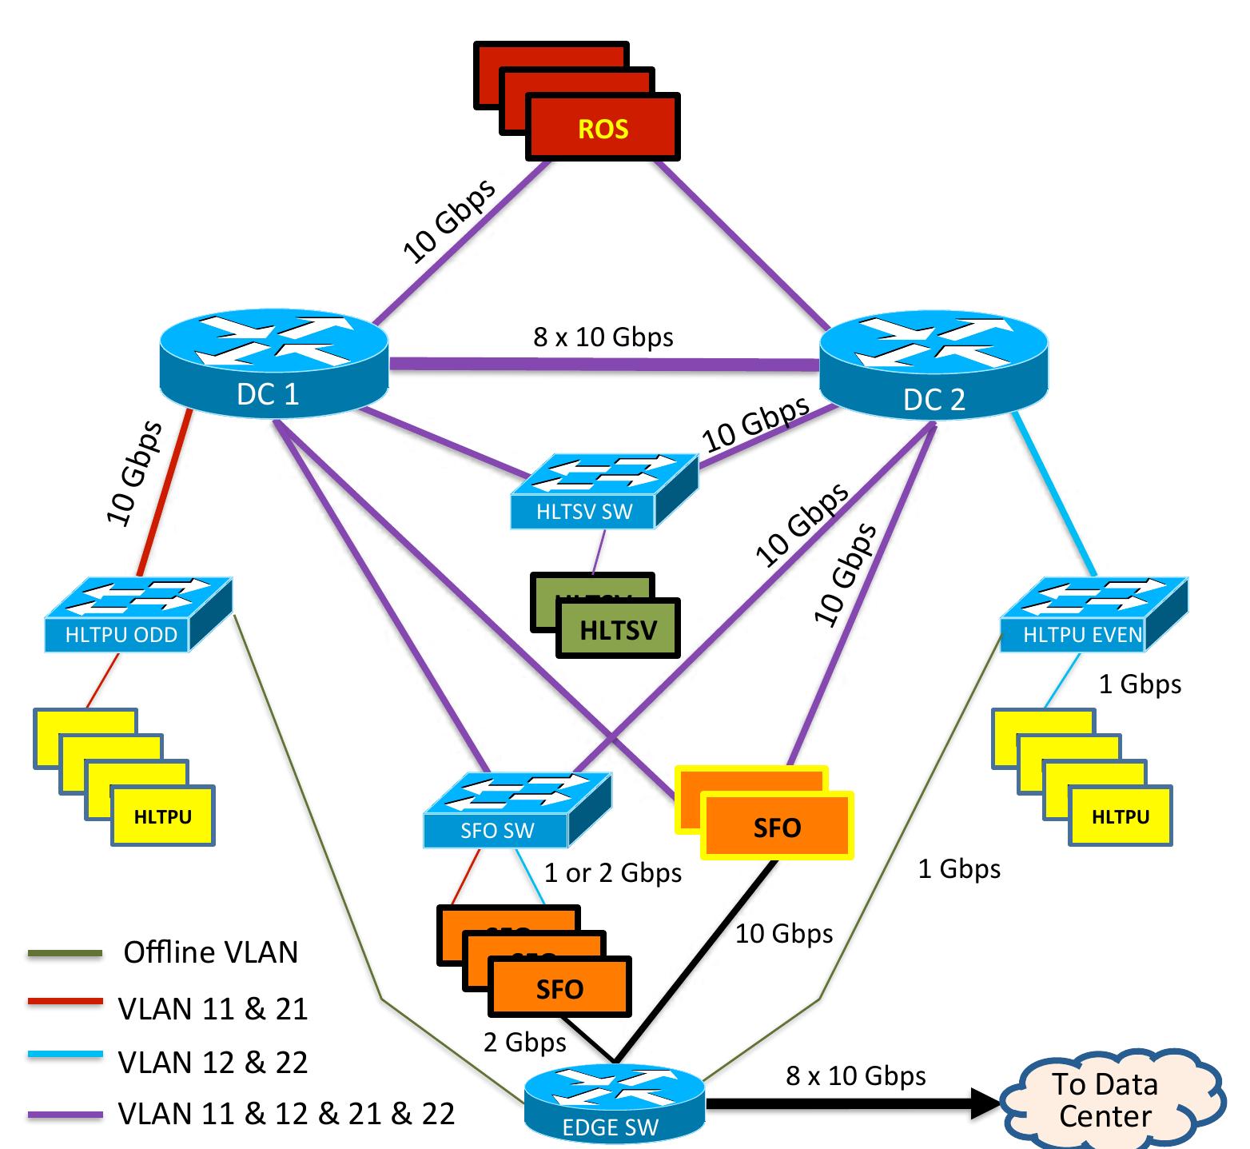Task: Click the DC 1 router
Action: coord(274,365)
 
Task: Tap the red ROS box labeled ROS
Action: coord(603,127)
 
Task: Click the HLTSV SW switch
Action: coord(603,491)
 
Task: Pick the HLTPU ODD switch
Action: coord(138,614)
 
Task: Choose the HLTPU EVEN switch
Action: coord(1094,614)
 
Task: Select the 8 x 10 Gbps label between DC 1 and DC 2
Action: coord(603,337)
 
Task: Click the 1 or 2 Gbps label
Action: coord(613,872)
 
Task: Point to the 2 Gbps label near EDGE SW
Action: coord(525,1042)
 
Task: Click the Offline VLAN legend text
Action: coord(211,952)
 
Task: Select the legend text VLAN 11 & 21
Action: coord(213,1008)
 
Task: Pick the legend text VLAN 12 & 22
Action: coord(213,1062)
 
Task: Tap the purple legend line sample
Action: coord(65,1113)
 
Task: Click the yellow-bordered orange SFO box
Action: coord(777,826)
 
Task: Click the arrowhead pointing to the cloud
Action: coord(985,1103)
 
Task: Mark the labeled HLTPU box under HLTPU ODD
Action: coord(163,816)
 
